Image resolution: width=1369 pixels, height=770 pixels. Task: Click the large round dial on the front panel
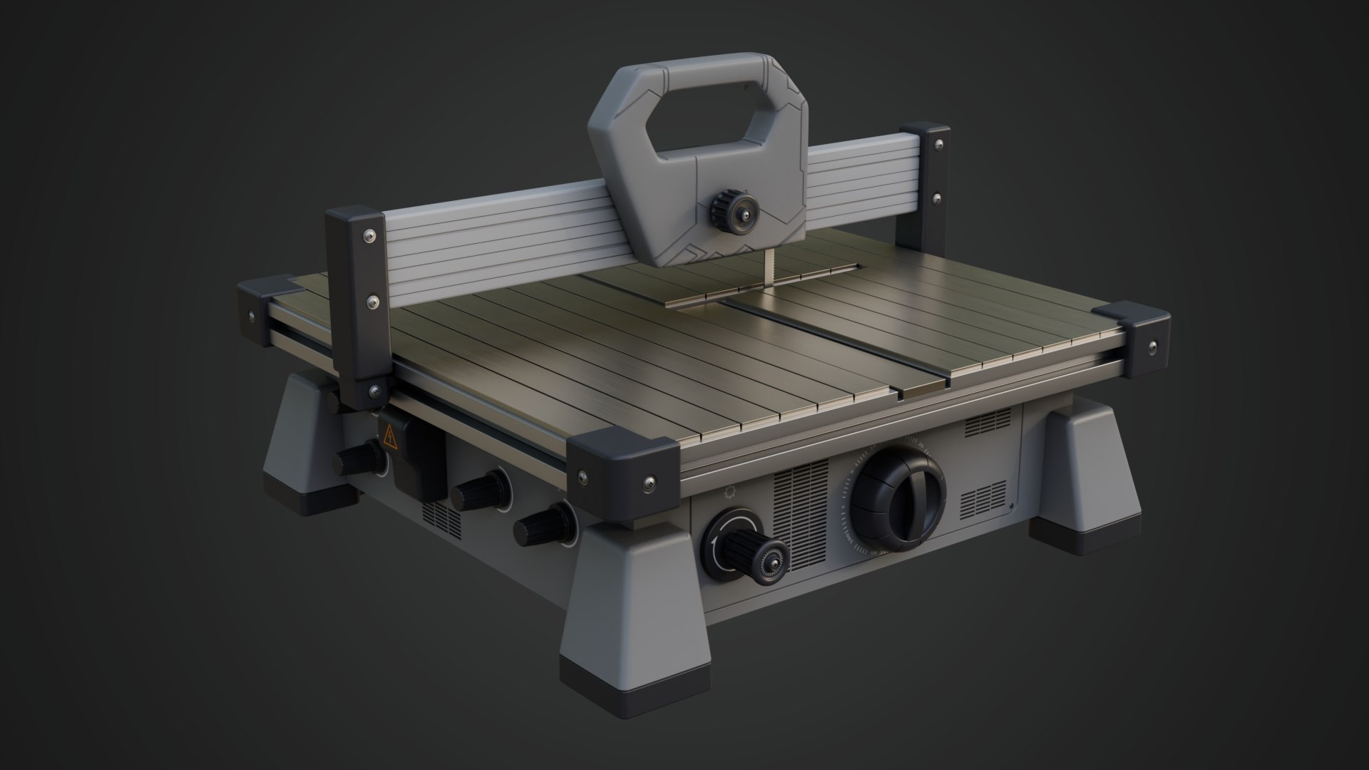[x=897, y=493]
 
